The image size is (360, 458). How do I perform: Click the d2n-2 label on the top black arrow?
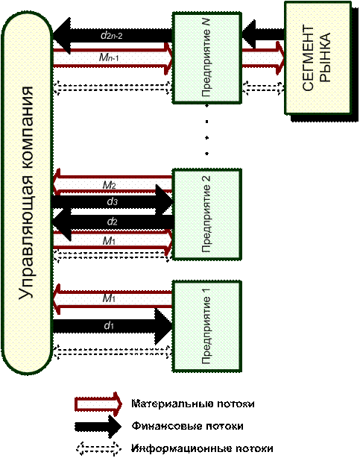coord(111,36)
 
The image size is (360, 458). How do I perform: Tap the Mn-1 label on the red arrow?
coord(109,57)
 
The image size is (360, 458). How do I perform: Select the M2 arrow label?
coord(110,185)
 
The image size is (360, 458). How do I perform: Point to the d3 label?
coord(112,201)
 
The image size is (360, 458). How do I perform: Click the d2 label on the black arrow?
coord(112,222)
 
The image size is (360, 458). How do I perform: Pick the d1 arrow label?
coord(109,325)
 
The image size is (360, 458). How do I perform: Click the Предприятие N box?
coord(207,58)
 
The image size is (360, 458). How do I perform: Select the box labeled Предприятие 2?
coord(207,214)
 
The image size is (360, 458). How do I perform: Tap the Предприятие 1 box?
coord(207,326)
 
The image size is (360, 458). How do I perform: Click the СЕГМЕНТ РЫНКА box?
coord(318,57)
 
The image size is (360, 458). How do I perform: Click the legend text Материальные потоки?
coord(193,404)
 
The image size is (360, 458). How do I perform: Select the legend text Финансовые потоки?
coord(187,426)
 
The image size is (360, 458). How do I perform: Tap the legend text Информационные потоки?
coord(202,448)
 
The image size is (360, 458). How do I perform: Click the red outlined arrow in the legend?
coord(98,404)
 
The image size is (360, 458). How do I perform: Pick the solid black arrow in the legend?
coord(98,427)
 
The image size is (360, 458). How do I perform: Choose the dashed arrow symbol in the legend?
coord(98,448)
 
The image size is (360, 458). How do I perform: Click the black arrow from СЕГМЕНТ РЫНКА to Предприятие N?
coord(263,34)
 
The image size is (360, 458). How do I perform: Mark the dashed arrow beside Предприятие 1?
coord(112,352)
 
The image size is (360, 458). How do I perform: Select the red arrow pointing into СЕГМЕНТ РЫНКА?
coord(263,58)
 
